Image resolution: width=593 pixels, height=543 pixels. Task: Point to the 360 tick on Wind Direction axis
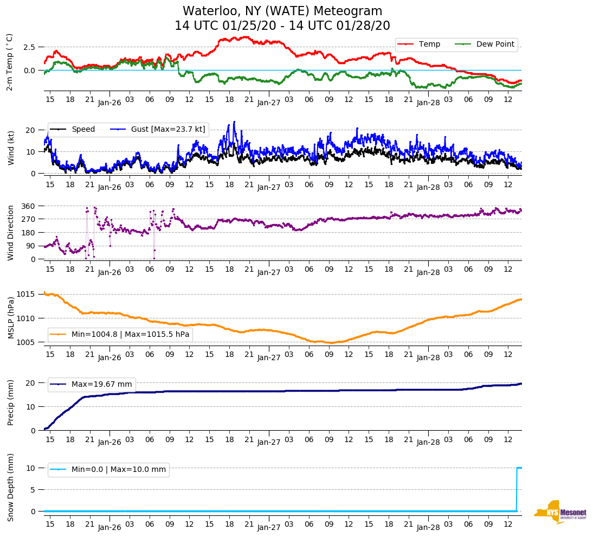[x=29, y=206]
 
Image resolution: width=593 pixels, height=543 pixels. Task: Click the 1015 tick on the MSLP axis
[x=26, y=294]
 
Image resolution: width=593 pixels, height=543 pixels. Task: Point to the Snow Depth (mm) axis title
[x=11, y=487]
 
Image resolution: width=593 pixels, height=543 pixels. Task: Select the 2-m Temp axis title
[x=9, y=62]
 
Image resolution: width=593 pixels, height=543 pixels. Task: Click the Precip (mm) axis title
[x=11, y=404]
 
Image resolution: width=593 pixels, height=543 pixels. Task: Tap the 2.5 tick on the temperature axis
[x=29, y=47]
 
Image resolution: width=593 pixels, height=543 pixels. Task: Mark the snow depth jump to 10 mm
[x=517, y=468]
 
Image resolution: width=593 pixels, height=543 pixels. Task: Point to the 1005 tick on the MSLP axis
[x=26, y=342]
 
